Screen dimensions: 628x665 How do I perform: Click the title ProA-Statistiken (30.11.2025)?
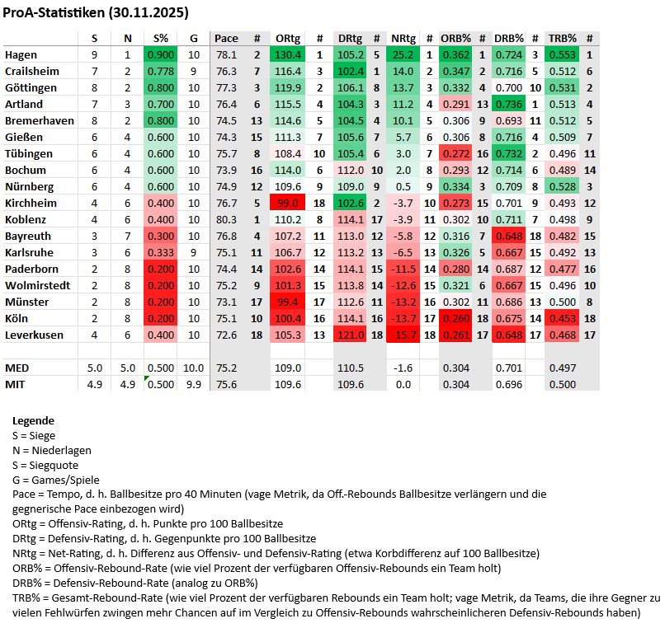pyautogui.click(x=96, y=13)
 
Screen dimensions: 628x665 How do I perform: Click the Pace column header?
pyautogui.click(x=226, y=39)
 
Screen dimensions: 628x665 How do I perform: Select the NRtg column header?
pyautogui.click(x=403, y=39)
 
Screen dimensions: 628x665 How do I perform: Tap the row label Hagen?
pyautogui.click(x=21, y=55)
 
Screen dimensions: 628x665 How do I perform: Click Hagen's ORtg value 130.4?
pyautogui.click(x=289, y=55)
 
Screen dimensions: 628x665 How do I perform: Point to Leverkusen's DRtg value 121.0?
pyautogui.click(x=351, y=335)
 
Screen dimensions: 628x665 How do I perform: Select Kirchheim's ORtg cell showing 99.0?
pyautogui.click(x=289, y=204)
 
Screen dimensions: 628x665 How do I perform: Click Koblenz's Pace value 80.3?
pyautogui.click(x=226, y=220)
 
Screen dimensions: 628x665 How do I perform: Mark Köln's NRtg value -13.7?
pyautogui.click(x=403, y=319)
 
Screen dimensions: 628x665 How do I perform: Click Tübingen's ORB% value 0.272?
pyautogui.click(x=455, y=154)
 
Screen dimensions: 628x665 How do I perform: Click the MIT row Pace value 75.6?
pyautogui.click(x=226, y=384)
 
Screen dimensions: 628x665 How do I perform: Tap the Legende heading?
pyautogui.click(x=34, y=420)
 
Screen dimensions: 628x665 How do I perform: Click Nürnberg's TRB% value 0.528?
pyautogui.click(x=563, y=187)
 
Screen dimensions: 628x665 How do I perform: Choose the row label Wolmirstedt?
pyautogui.click(x=37, y=286)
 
